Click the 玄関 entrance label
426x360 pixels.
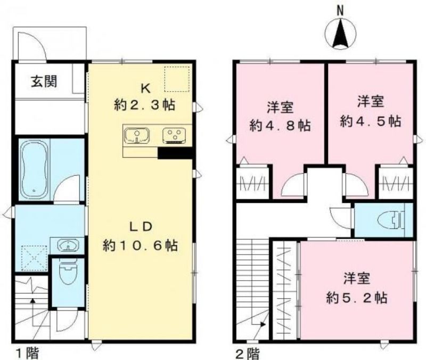44,81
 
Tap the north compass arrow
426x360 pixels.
340,34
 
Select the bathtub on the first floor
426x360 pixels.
35,169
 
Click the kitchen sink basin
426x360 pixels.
137,136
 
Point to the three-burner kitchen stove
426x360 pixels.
174,135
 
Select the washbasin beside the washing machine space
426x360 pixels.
68,245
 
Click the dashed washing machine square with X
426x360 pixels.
34,258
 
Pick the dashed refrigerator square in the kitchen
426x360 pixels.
177,79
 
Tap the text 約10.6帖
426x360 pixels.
140,246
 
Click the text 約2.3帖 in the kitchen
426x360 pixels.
144,104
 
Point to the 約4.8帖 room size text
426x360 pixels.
280,125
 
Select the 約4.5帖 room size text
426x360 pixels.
371,121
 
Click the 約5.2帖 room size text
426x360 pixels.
357,298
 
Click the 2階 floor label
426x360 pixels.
247,354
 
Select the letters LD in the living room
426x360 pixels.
140,227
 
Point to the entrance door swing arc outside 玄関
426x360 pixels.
37,41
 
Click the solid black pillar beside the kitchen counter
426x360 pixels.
175,153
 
